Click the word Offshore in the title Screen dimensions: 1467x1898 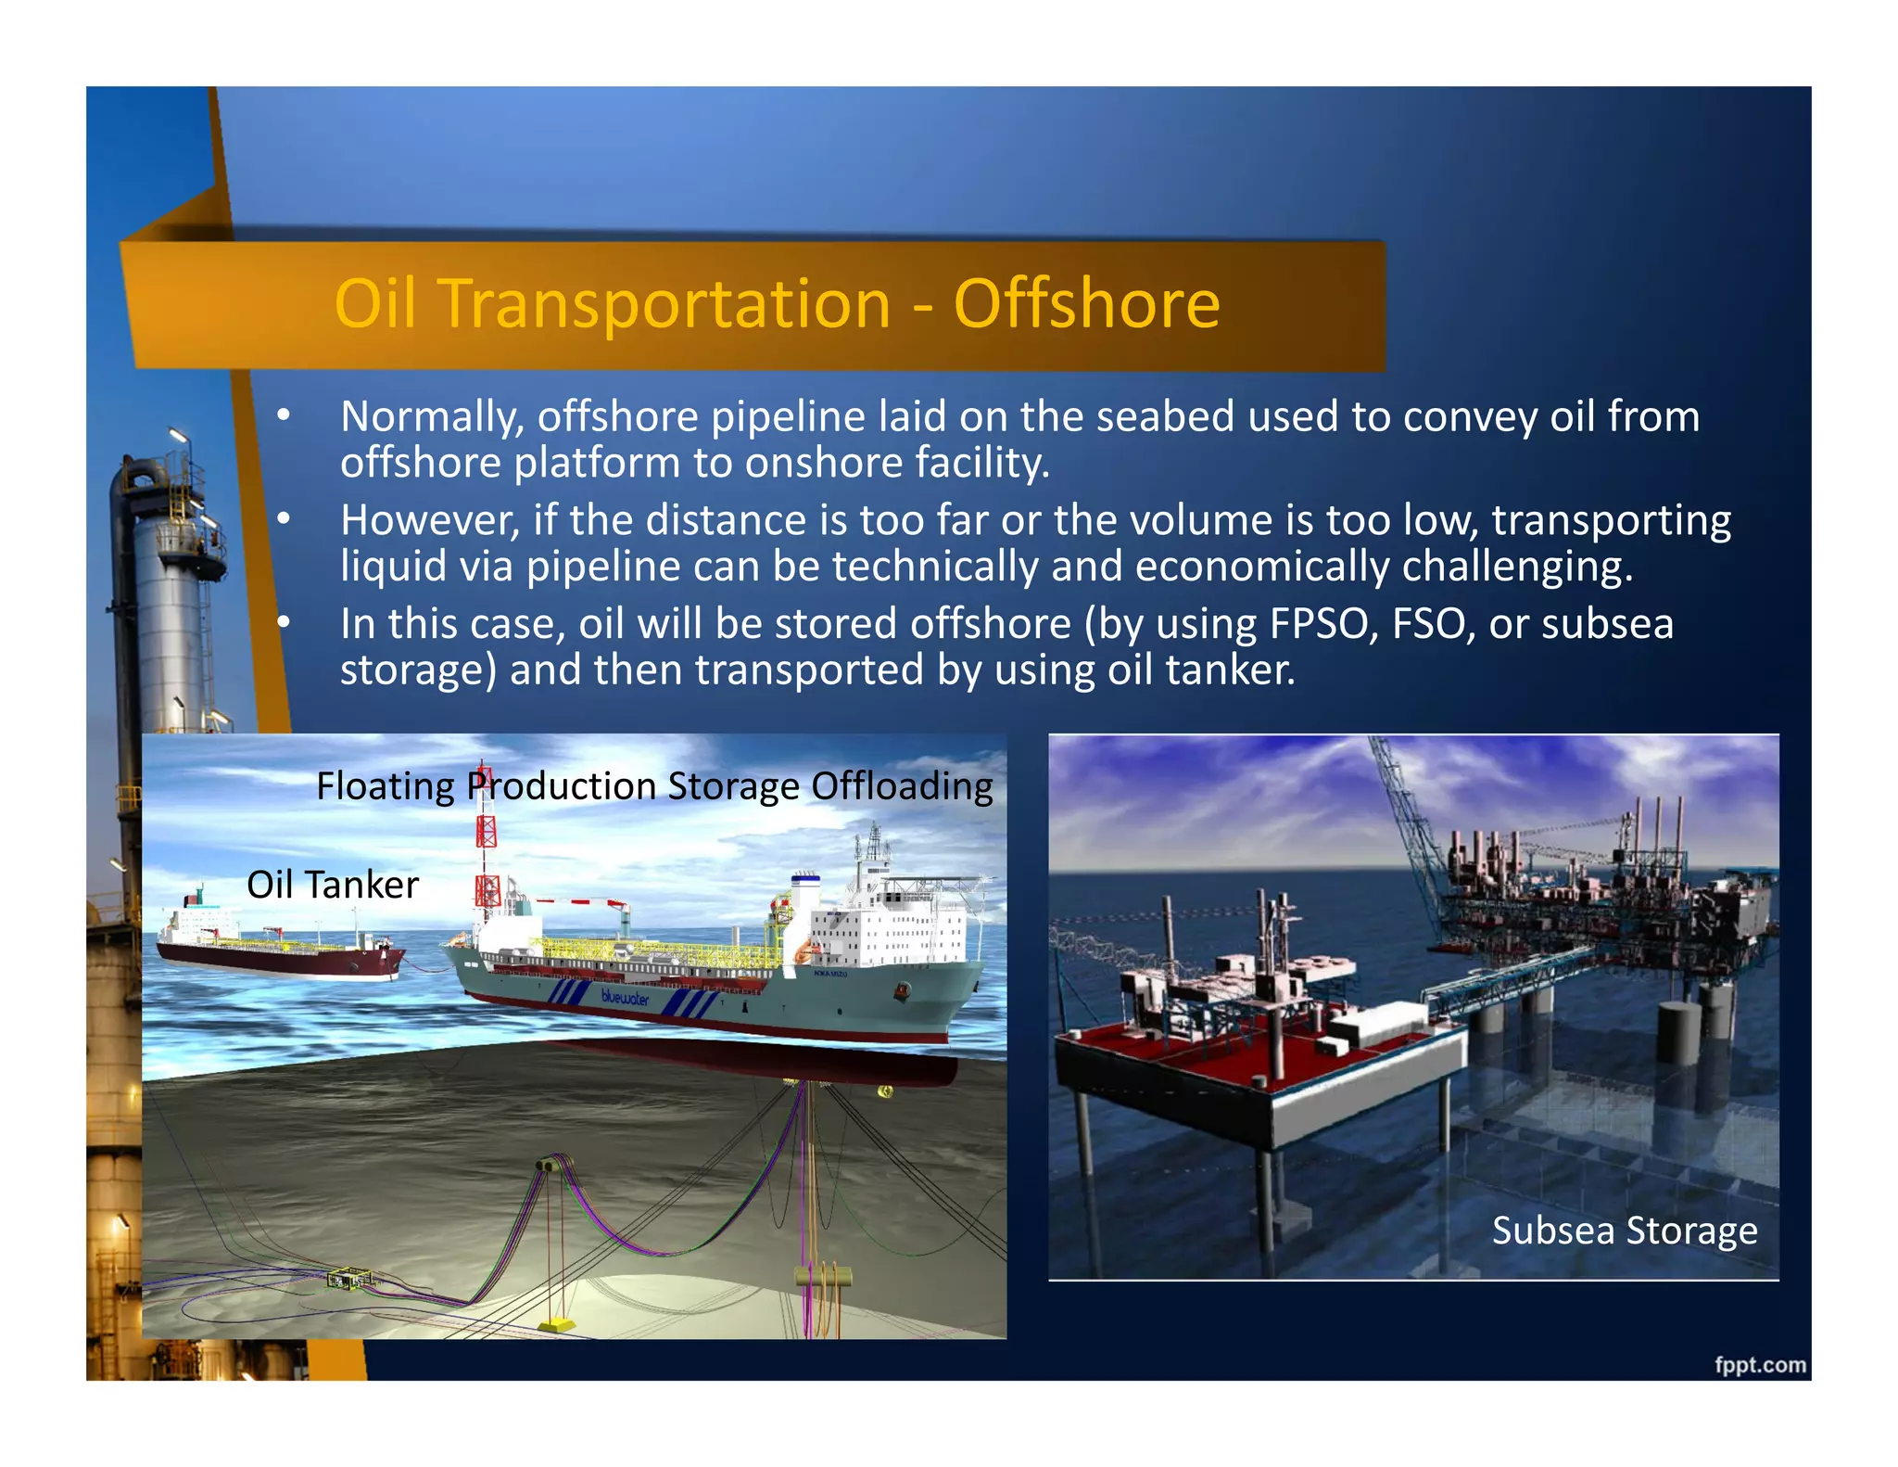[x=1086, y=304]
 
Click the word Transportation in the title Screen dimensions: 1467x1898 [x=665, y=304]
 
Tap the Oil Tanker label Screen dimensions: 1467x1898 [x=332, y=885]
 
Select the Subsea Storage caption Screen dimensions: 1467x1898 [x=1624, y=1231]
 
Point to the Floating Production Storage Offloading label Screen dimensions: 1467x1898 [x=654, y=786]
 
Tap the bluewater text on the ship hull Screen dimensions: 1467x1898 [x=625, y=998]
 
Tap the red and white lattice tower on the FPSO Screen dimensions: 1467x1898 [x=487, y=853]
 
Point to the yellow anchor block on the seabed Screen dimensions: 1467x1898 [x=559, y=1324]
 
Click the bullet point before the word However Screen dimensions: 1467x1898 [x=285, y=518]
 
